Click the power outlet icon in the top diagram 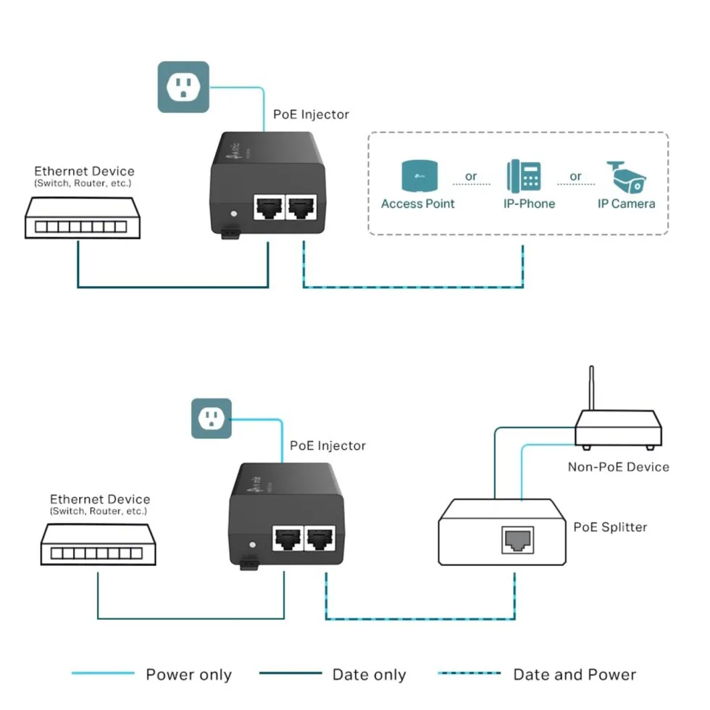coord(183,87)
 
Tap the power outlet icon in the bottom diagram coord(212,419)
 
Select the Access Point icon coord(419,175)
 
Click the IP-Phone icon coord(524,176)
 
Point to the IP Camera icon coord(627,177)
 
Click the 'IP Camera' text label coord(626,204)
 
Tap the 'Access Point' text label coord(417,204)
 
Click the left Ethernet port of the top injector coord(270,207)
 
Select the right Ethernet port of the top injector coord(301,207)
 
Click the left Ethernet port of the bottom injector coord(288,538)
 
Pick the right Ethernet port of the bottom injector coord(320,538)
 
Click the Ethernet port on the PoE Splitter coord(518,540)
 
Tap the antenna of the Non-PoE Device coord(591,388)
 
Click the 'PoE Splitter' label coord(610,527)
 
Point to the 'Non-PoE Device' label coord(619,467)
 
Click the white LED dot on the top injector coord(233,214)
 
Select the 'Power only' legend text coord(189,674)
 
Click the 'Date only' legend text coord(369,674)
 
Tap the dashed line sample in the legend coord(469,673)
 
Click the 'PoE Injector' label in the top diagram coord(311,114)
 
